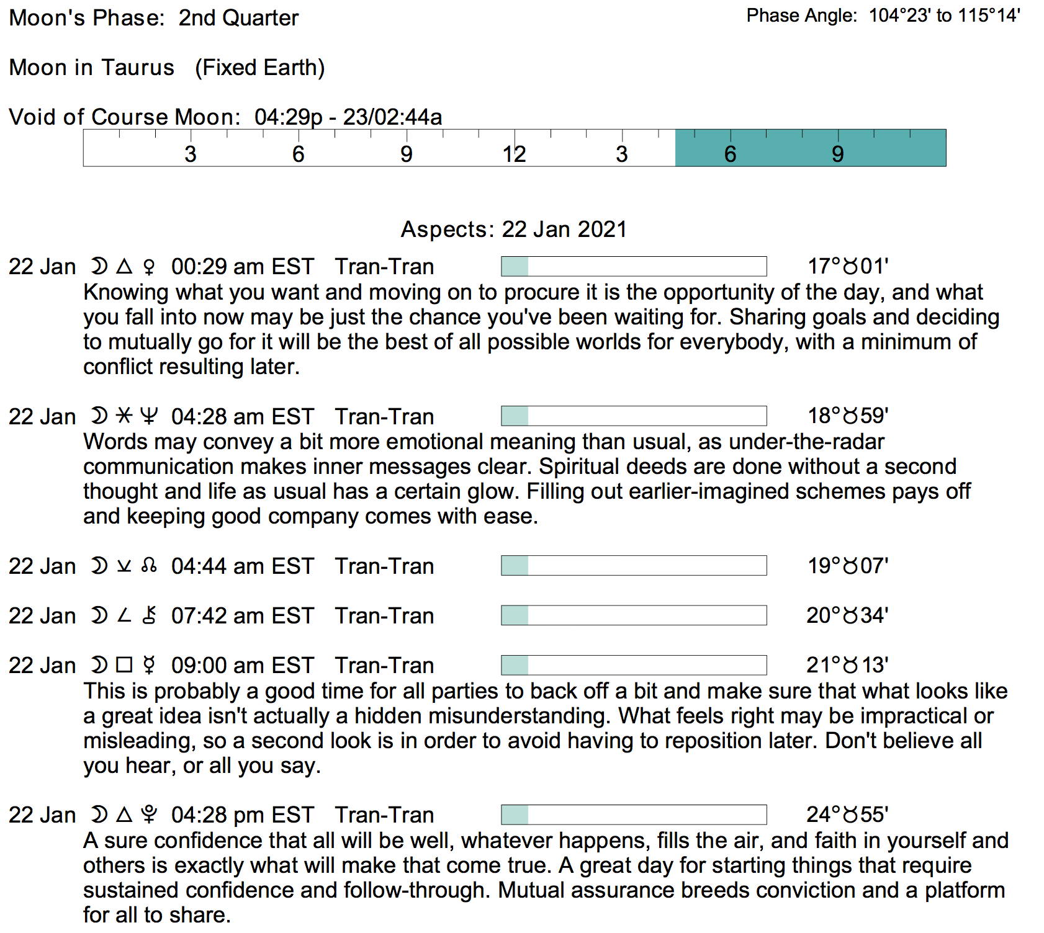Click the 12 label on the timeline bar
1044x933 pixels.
click(514, 154)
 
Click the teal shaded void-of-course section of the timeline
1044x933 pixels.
click(810, 148)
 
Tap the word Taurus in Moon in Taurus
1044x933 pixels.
click(138, 67)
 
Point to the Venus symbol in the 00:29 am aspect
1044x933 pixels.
click(149, 267)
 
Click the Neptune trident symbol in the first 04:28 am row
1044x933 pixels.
click(149, 416)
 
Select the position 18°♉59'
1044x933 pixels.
click(848, 416)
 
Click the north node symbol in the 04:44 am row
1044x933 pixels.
click(149, 566)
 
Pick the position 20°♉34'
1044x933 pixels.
click(847, 615)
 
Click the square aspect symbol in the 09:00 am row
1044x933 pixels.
click(125, 665)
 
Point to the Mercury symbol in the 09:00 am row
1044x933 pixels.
click(149, 666)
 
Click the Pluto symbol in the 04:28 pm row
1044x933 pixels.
click(149, 815)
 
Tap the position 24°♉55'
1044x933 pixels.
click(847, 815)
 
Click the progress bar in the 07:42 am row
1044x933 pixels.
click(634, 615)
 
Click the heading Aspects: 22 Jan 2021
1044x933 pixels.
click(514, 230)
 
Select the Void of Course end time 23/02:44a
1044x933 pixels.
click(392, 117)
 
